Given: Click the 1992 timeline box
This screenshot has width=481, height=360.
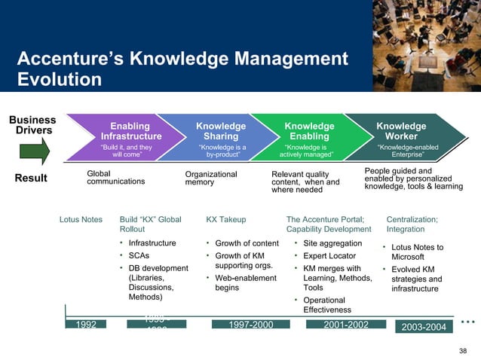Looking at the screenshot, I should click(x=86, y=325).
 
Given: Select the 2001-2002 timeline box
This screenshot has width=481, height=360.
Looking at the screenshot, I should click(x=346, y=325).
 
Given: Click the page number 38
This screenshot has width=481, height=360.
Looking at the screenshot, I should click(x=464, y=351).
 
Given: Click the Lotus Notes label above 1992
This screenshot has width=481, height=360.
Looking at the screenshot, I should click(x=81, y=220).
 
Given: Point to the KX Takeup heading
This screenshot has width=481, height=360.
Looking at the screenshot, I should click(x=226, y=220).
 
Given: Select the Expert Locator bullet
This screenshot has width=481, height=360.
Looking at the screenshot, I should click(x=329, y=256).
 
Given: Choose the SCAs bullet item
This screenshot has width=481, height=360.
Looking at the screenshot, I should click(x=139, y=255).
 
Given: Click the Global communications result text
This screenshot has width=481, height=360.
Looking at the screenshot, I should click(x=116, y=177).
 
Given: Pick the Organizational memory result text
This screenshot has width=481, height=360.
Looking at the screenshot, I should click(x=211, y=178).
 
